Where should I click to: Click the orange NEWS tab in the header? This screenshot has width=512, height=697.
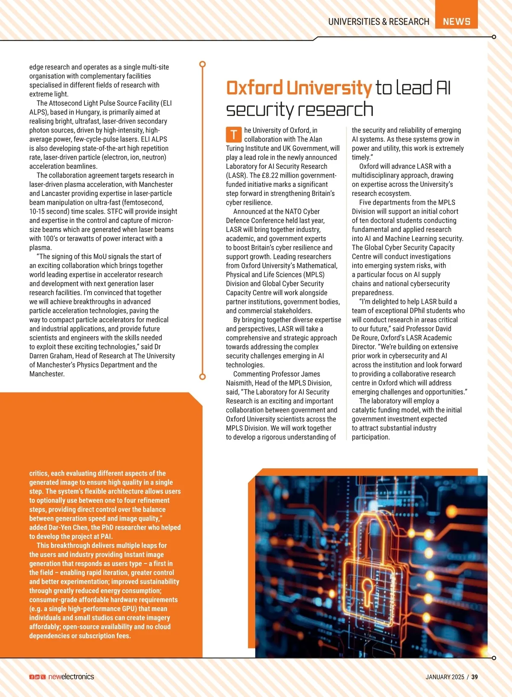pyautogui.click(x=456, y=21)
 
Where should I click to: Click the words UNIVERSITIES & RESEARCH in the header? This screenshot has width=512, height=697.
pyautogui.click(x=378, y=21)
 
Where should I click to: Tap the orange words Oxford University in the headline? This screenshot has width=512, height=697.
pyautogui.click(x=299, y=88)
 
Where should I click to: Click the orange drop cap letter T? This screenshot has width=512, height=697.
pyautogui.click(x=234, y=134)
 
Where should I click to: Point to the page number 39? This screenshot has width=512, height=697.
pyautogui.click(x=474, y=677)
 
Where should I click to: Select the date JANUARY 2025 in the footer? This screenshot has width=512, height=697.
pyautogui.click(x=445, y=677)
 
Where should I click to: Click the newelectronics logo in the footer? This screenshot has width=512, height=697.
pyautogui.click(x=71, y=677)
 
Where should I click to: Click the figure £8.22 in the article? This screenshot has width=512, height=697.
pyautogui.click(x=271, y=175)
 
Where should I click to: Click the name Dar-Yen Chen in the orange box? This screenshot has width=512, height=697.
pyautogui.click(x=68, y=528)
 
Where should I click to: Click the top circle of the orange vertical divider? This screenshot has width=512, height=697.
pyautogui.click(x=203, y=64)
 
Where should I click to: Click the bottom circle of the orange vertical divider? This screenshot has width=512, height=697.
pyautogui.click(x=203, y=377)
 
